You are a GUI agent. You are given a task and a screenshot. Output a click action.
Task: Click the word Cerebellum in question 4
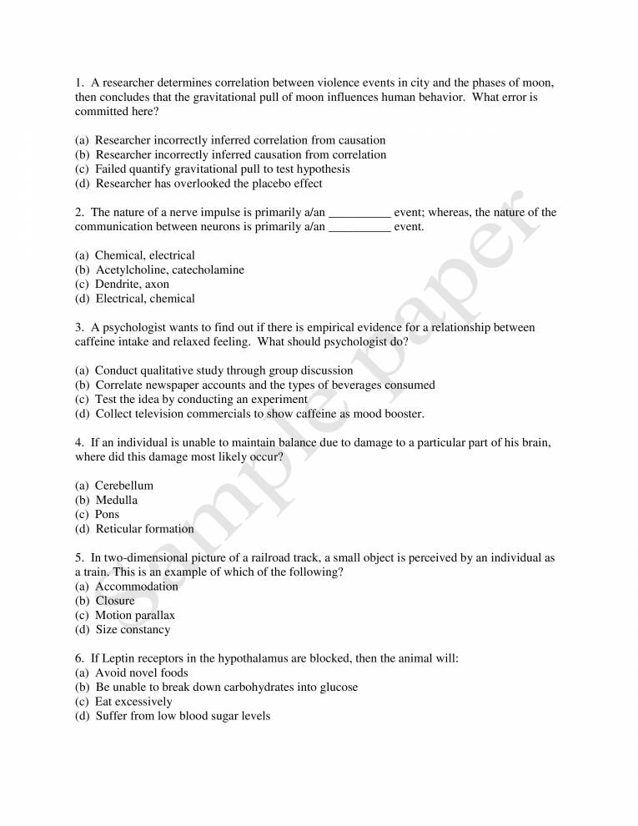pos(123,486)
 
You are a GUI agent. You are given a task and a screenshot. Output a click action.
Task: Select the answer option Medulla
pos(116,501)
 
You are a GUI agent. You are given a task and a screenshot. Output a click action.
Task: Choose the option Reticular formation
pos(144,529)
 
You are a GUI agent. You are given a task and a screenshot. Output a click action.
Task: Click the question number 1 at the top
pos(78,83)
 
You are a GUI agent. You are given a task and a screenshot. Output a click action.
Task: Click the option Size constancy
pos(133,630)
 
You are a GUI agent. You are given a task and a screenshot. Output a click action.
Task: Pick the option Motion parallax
pos(135,616)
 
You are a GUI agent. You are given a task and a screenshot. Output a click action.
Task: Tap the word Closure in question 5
pos(115,601)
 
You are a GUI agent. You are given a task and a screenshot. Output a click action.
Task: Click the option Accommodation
pos(137,587)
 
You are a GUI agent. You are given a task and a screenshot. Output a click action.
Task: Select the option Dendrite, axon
pos(132,285)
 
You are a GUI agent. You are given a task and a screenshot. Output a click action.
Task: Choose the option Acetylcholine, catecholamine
pos(169,269)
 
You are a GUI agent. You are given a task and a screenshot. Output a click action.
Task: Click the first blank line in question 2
pos(360,214)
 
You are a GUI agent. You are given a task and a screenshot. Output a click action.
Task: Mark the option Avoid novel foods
pos(142,673)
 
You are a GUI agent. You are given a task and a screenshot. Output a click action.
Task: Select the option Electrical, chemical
pos(145,299)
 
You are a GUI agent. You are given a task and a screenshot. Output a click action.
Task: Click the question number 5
pos(78,557)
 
